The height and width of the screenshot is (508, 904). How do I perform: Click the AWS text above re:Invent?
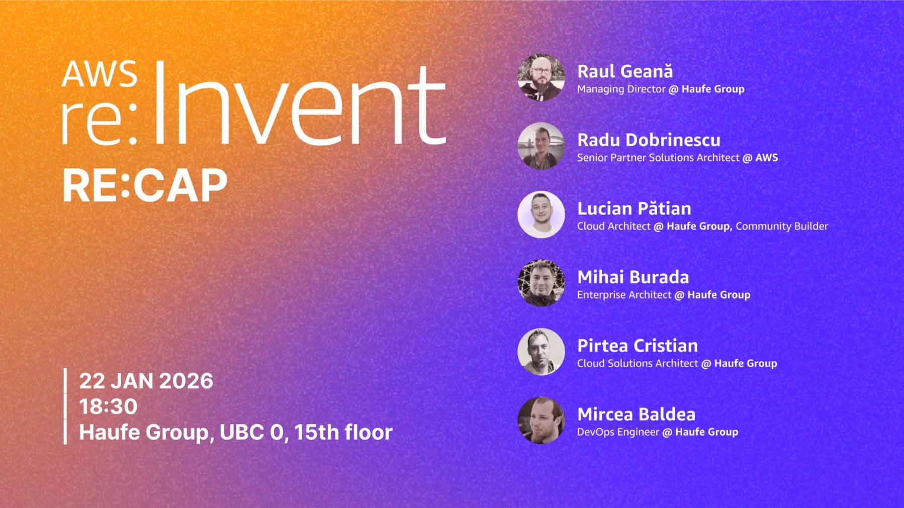99,74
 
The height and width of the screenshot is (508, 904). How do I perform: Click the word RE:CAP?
145,185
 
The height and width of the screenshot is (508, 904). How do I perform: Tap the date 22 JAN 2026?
146,381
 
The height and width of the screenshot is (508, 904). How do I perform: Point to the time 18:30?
108,407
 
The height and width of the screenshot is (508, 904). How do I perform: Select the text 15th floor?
343,432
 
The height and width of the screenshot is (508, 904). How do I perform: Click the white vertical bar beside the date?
65,406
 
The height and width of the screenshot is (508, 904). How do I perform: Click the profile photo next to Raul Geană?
541,77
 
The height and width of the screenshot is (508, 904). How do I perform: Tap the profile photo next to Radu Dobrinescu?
541,146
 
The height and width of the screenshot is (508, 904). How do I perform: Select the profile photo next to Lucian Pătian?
541,215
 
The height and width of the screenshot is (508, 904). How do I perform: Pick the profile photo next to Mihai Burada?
541,283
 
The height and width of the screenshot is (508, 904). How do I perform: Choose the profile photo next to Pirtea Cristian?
541,352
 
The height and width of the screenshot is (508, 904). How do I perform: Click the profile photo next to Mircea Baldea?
541,420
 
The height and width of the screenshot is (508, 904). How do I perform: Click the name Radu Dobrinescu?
649,140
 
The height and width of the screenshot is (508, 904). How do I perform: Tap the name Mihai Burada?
633,277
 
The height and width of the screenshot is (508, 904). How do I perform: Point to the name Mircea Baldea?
636,414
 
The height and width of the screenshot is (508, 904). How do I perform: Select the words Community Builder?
782,226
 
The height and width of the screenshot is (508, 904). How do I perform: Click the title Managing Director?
621,89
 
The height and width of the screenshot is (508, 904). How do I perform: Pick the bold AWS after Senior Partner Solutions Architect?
767,157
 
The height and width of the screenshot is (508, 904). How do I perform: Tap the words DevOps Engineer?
618,432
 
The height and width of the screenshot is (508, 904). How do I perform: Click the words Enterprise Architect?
624,295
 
